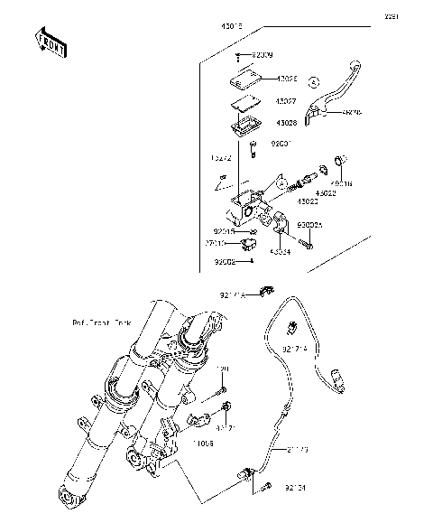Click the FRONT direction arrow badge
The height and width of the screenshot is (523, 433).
coord(51,43)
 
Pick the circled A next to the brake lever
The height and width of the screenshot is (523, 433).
coord(314,80)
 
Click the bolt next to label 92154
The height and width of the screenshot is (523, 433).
coord(266,490)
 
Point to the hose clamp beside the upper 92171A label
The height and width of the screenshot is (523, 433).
coord(265,292)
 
